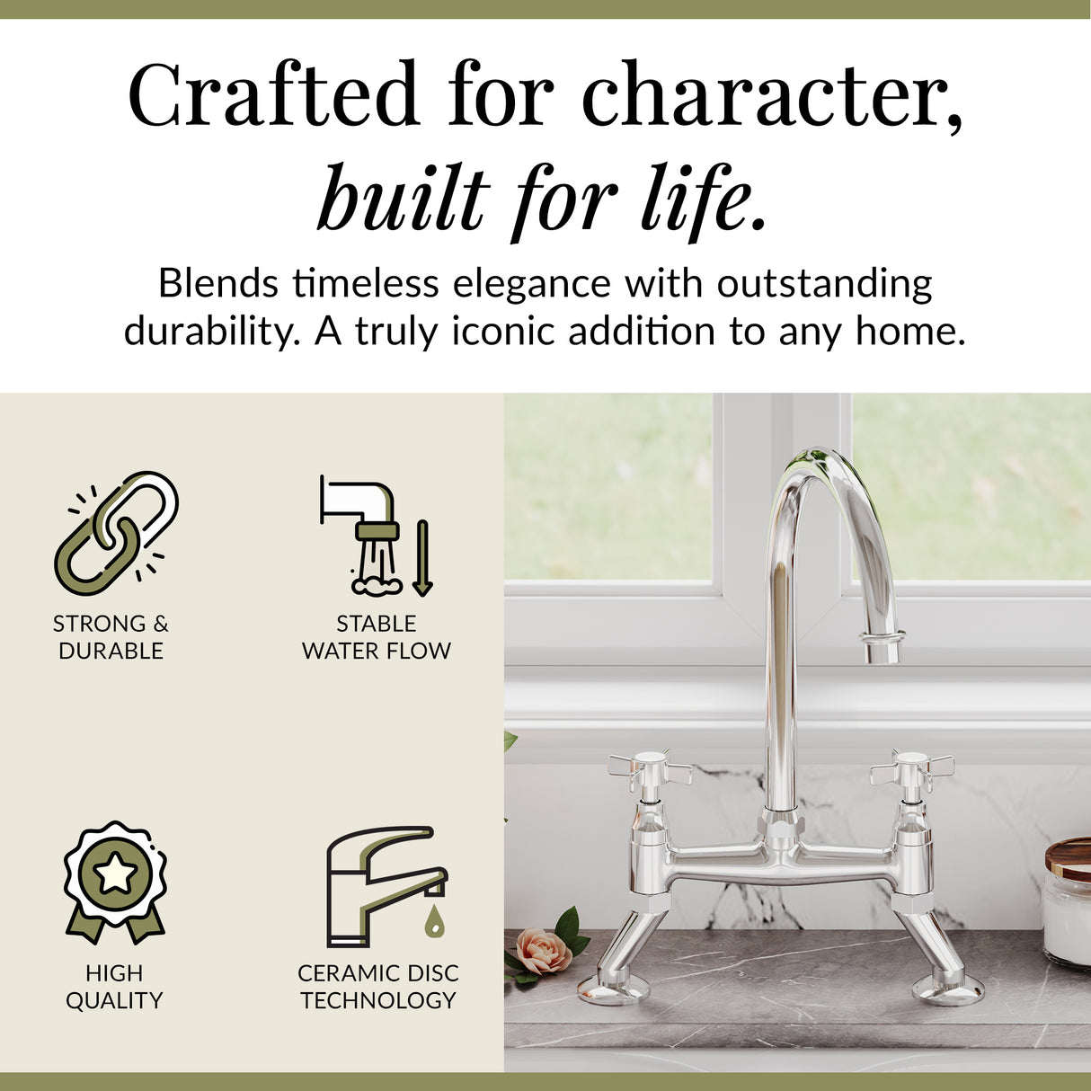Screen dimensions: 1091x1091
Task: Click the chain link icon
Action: point(116,533)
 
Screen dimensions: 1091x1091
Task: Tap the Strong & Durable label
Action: point(111,636)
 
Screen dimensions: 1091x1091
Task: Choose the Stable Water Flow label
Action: point(377,636)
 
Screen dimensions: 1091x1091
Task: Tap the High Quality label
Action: point(114,986)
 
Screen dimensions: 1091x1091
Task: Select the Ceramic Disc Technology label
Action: point(377,986)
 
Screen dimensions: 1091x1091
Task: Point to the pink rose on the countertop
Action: point(543,951)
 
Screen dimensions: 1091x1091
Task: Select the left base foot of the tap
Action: point(614,989)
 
